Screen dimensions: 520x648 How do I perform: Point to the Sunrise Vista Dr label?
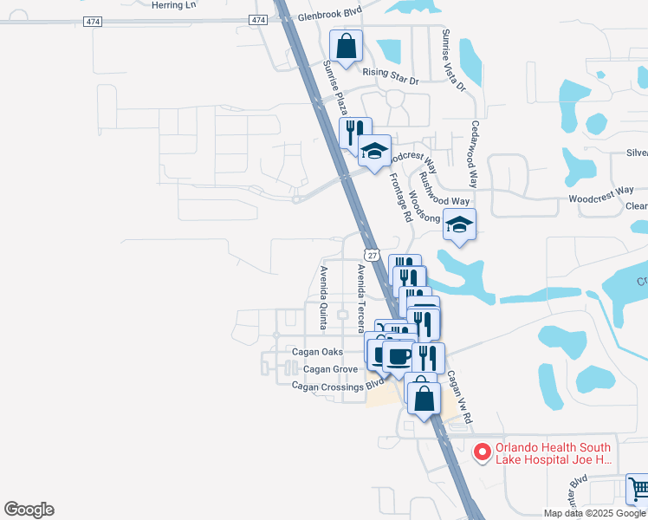click(453, 61)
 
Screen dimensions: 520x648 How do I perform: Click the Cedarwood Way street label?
click(474, 153)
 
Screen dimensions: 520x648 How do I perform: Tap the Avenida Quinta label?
click(322, 297)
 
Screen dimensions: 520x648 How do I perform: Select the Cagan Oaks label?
click(317, 352)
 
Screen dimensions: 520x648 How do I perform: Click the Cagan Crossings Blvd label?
click(338, 385)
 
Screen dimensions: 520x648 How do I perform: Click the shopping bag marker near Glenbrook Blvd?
click(346, 47)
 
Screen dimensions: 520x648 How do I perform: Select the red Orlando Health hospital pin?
click(483, 452)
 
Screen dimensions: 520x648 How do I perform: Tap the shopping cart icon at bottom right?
click(638, 488)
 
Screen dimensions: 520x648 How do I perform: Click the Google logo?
click(29, 510)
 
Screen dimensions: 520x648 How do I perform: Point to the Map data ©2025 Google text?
click(594, 513)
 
